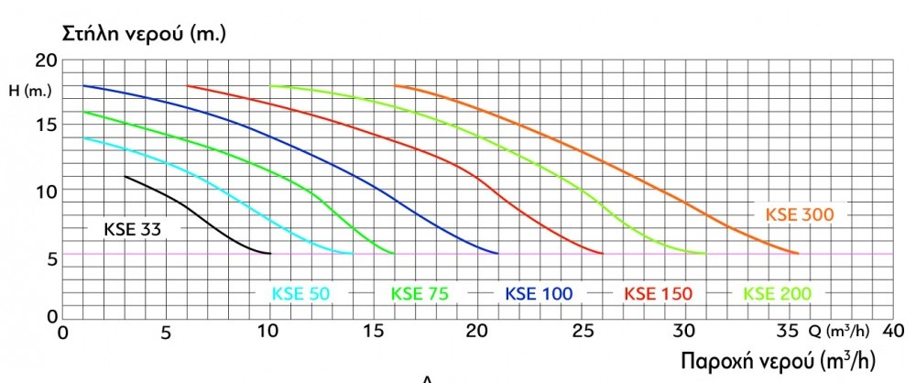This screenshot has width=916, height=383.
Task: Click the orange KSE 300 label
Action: click(799, 214)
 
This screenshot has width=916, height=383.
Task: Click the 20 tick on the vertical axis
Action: click(46, 61)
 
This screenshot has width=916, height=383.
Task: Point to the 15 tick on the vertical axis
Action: click(46, 125)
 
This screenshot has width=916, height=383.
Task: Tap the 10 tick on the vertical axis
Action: click(46, 191)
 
